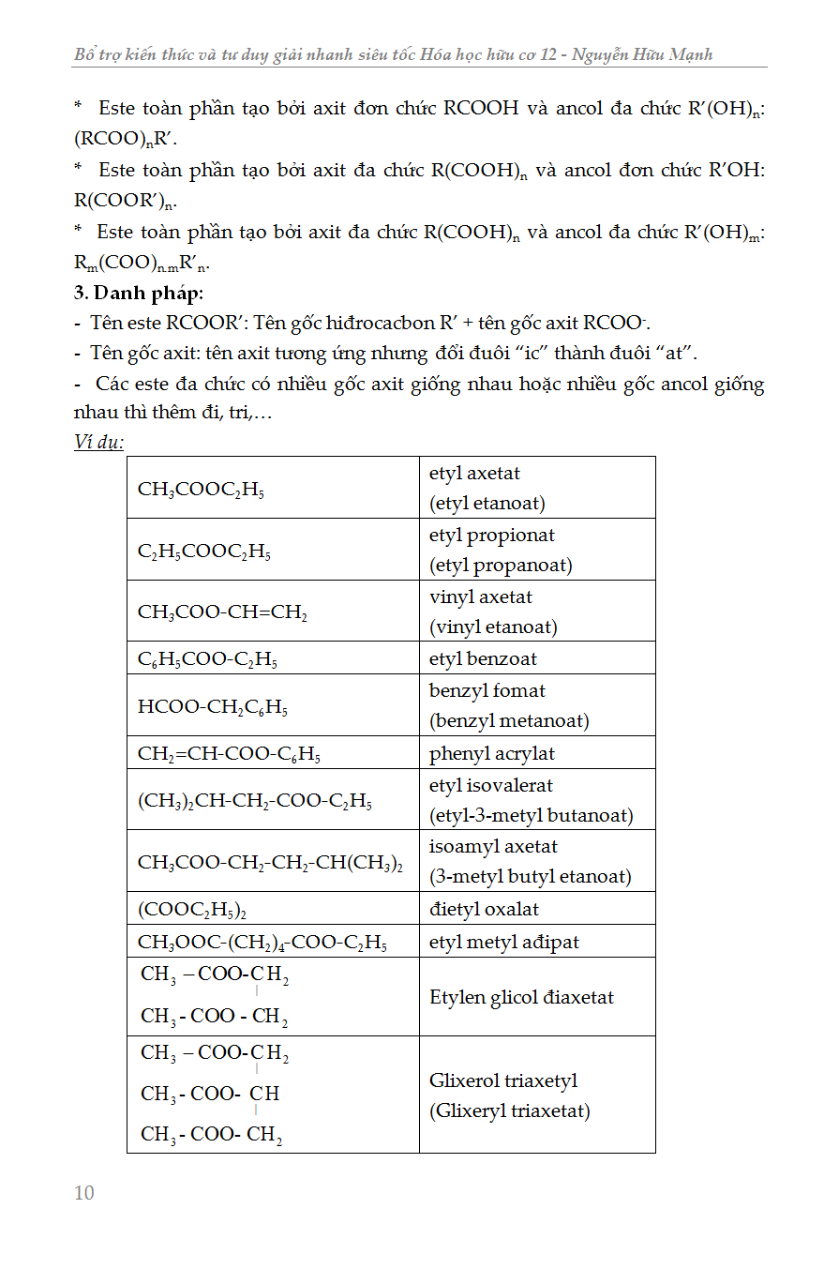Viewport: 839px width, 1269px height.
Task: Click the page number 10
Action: [x=84, y=1193]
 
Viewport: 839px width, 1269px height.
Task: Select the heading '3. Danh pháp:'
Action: [x=139, y=292]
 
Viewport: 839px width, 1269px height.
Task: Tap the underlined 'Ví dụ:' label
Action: [x=98, y=442]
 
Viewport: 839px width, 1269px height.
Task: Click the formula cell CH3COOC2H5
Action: [x=201, y=489]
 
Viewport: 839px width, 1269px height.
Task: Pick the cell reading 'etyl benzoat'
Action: [x=483, y=658]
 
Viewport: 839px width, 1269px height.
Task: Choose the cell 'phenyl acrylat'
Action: [x=492, y=753]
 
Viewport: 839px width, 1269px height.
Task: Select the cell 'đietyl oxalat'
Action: [x=484, y=909]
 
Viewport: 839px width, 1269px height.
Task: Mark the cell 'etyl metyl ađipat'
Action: [x=504, y=942]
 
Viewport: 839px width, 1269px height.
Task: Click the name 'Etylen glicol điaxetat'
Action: [x=521, y=997]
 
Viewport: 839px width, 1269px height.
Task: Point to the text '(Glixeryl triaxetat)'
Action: [x=510, y=1111]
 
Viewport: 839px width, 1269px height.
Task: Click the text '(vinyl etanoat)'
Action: [x=493, y=627]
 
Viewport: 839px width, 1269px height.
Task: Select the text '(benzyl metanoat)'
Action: [x=509, y=720]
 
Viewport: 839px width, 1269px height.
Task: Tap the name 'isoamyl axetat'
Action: [x=493, y=846]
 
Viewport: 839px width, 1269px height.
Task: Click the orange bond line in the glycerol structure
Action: [x=256, y=1113]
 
